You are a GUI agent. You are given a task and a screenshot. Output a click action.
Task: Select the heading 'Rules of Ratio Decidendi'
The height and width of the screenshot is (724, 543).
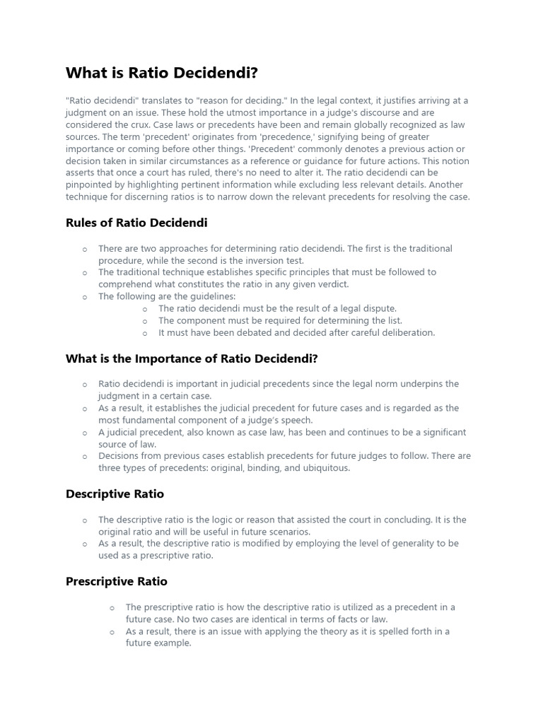136,223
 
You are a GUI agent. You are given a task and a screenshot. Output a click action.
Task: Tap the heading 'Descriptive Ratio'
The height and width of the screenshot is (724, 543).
115,494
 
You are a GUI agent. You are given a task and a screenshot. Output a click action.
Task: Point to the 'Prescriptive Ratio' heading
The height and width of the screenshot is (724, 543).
117,581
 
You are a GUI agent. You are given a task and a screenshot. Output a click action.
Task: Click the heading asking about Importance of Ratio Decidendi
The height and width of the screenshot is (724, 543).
192,358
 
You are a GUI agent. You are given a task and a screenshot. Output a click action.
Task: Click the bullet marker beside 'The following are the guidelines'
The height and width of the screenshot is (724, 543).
85,297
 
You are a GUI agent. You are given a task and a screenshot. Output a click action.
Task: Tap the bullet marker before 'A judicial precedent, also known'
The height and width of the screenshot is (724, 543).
85,433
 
